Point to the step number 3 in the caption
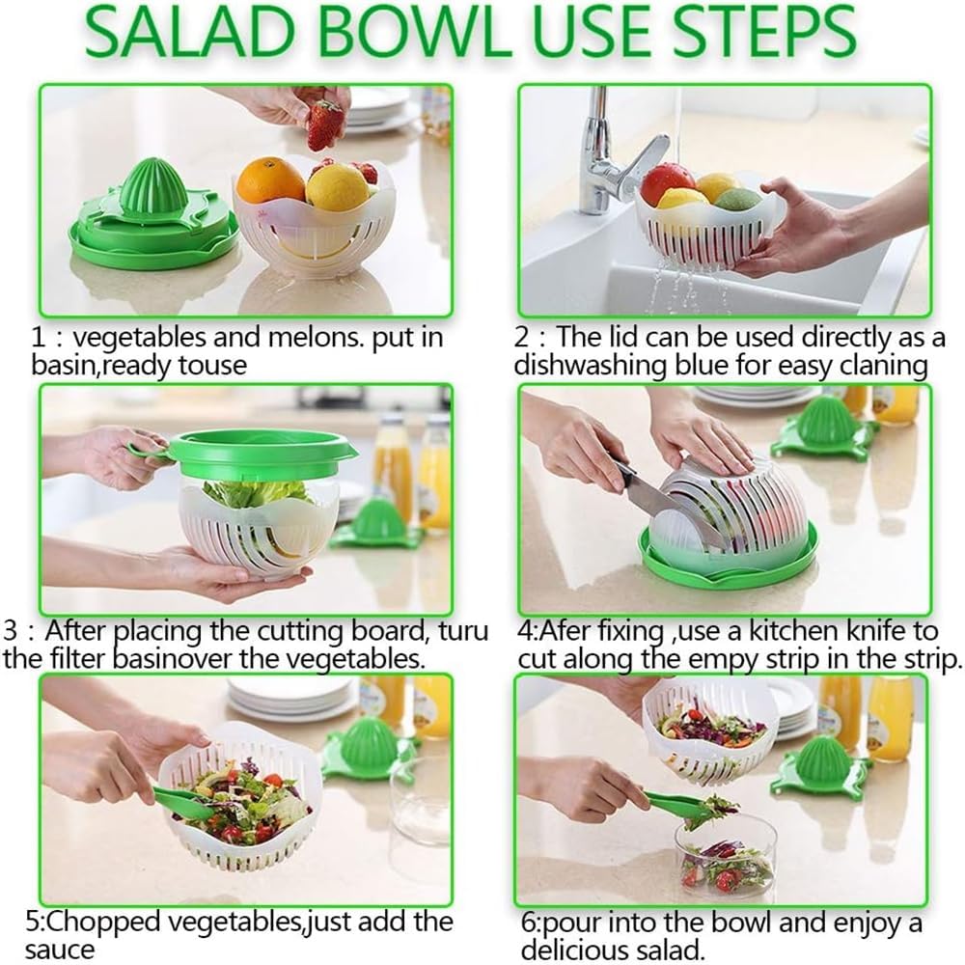(x=13, y=633)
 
